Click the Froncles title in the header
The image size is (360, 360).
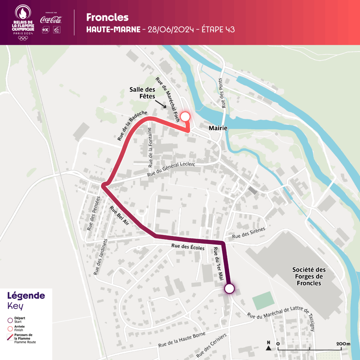coord(107,17)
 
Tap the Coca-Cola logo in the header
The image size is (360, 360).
coord(51,20)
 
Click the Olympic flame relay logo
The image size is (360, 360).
coord(23,22)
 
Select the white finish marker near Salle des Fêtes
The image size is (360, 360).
coord(185,117)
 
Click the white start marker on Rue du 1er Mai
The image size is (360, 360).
coord(229,289)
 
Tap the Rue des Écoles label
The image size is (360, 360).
coord(188,247)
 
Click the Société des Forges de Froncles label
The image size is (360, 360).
coord(309,276)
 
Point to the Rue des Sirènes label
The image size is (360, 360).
coord(249,234)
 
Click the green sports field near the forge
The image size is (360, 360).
coord(263,301)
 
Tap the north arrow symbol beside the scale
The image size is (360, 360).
coord(269,346)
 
